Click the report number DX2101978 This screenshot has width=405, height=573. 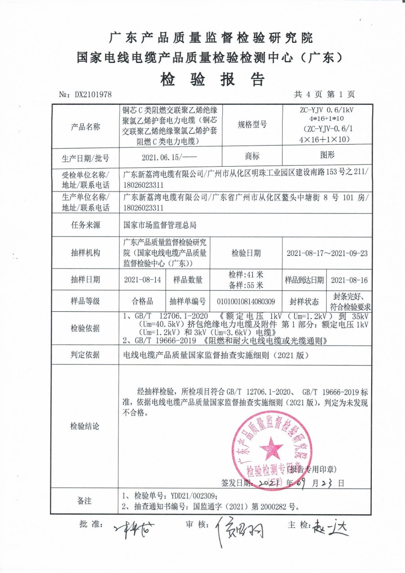(92, 95)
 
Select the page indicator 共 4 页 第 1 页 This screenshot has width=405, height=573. (324, 94)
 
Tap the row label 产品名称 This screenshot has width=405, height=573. (85, 127)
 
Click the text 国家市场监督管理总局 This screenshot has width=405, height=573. (160, 224)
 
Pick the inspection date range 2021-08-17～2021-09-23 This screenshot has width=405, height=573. (327, 253)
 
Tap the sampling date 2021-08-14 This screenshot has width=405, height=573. (142, 280)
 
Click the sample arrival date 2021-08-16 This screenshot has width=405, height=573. (349, 280)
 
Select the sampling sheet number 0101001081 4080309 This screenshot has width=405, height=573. (246, 301)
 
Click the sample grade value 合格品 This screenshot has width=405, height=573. (142, 301)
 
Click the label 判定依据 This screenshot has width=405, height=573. (85, 355)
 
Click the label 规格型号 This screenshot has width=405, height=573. (252, 124)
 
